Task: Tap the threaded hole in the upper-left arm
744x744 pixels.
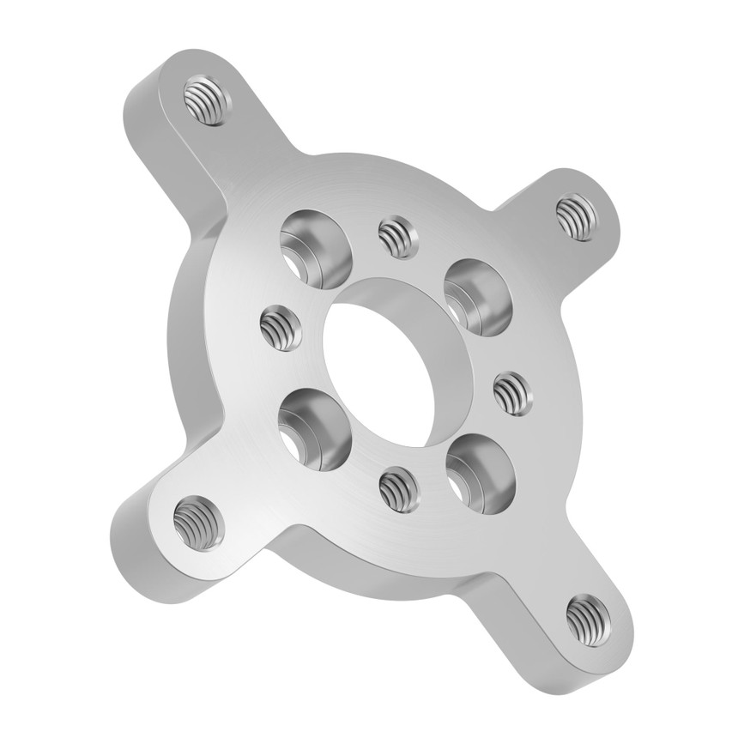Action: coord(207,100)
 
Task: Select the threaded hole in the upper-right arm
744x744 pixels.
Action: coord(576,217)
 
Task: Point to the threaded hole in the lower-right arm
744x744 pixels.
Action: coord(589,618)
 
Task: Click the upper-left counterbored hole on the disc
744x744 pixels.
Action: coord(316,249)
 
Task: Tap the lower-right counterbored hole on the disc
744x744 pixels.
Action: coord(480,473)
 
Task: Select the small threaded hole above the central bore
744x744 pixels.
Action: coord(398,236)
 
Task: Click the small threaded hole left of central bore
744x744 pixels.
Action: coord(281,327)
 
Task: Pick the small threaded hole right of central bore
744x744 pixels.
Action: coord(513,393)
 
